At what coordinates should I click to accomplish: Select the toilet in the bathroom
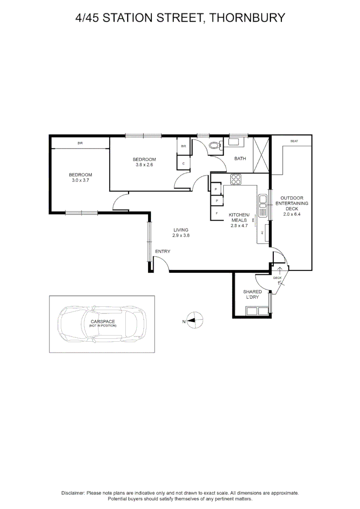215,145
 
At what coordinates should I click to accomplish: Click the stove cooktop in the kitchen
236,180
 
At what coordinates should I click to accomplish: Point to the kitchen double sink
262,204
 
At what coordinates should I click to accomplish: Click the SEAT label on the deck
294,141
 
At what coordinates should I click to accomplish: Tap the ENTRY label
163,251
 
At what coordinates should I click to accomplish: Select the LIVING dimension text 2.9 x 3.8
180,235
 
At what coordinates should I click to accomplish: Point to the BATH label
240,158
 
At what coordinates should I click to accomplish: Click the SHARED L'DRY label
252,295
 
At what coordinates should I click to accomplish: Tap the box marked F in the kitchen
217,213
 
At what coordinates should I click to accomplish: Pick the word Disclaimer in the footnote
73,493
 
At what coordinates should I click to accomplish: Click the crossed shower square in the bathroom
262,155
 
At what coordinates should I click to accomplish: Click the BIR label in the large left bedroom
80,143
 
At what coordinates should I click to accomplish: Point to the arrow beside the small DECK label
280,271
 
